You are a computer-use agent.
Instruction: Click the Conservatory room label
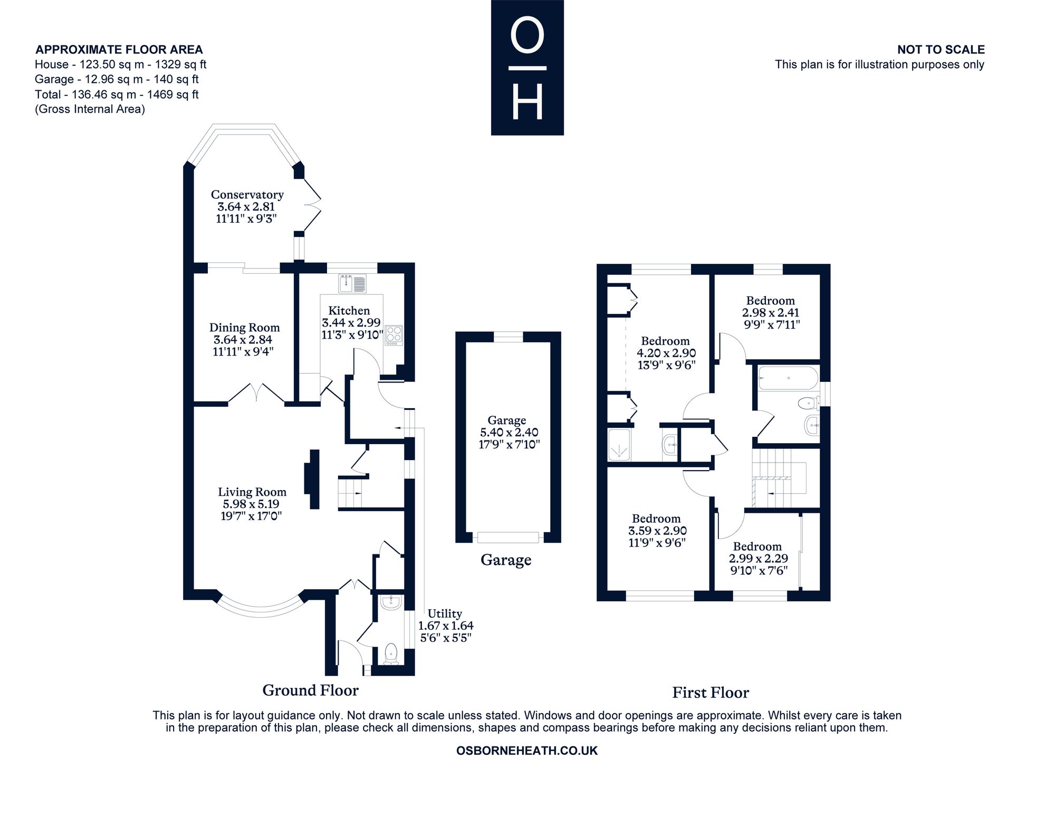(x=247, y=195)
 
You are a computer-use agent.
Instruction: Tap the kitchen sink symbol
(x=353, y=283)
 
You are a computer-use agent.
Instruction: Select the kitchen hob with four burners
(x=394, y=335)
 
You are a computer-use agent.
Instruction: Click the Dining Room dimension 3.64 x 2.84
(x=244, y=340)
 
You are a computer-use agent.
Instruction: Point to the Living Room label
(x=252, y=492)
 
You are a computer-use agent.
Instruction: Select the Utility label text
(x=445, y=613)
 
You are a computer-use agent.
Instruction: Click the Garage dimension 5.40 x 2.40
(x=506, y=433)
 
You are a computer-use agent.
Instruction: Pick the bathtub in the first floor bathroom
(x=788, y=378)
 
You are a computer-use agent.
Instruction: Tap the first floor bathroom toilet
(x=808, y=404)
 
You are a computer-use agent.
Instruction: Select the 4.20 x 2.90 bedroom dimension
(x=666, y=353)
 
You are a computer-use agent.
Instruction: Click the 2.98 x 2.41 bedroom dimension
(x=771, y=313)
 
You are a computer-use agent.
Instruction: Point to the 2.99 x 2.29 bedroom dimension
(x=759, y=559)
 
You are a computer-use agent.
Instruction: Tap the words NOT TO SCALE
(x=941, y=50)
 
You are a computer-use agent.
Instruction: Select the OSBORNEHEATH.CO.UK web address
(x=527, y=751)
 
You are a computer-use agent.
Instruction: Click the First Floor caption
(x=711, y=693)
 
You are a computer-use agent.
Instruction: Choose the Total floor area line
(x=117, y=94)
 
